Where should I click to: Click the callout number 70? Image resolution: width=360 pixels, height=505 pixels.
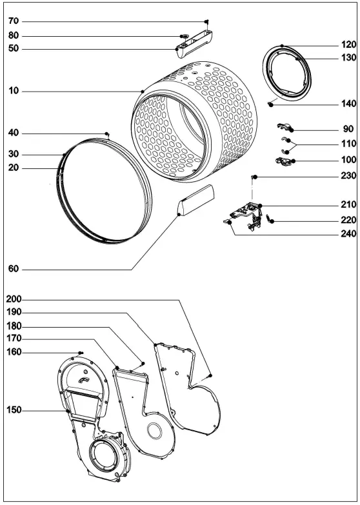tap(14, 21)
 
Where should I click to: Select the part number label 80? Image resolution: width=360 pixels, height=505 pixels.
tap(14, 35)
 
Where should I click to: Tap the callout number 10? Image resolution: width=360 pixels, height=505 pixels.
tap(14, 92)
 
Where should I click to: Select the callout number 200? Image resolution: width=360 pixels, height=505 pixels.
tap(14, 300)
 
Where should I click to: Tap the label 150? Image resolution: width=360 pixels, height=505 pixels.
tap(14, 410)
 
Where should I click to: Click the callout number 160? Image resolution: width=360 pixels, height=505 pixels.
tap(14, 352)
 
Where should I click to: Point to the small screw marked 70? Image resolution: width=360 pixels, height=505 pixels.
tap(206, 22)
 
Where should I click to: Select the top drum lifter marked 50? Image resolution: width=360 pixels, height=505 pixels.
tap(195, 44)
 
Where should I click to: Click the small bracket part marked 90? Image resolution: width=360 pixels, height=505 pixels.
tap(285, 127)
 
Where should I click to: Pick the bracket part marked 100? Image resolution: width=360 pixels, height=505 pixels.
tap(283, 160)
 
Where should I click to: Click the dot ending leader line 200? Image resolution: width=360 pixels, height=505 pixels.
tap(211, 375)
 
